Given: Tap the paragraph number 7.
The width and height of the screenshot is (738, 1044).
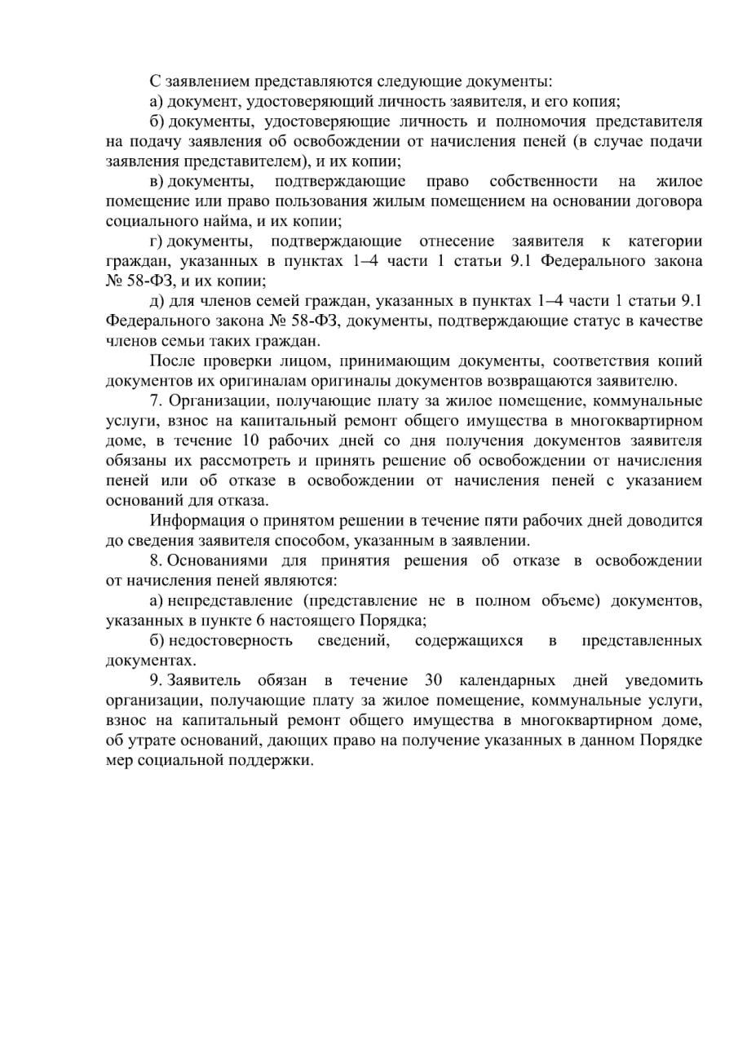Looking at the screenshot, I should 155,400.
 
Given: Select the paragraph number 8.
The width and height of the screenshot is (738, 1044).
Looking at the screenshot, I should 155,560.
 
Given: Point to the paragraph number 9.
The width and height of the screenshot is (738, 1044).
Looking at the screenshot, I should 155,680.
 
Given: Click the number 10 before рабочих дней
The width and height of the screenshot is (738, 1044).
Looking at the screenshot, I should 252,440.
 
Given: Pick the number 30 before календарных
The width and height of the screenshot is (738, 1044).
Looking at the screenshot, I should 434,680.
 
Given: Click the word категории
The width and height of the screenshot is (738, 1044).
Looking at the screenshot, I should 665,241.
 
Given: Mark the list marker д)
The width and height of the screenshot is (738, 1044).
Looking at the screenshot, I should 157,301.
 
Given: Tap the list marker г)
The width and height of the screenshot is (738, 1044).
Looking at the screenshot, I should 157,241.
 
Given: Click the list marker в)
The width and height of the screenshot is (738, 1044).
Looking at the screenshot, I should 157,181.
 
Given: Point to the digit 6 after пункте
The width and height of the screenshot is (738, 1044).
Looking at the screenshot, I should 254,621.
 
